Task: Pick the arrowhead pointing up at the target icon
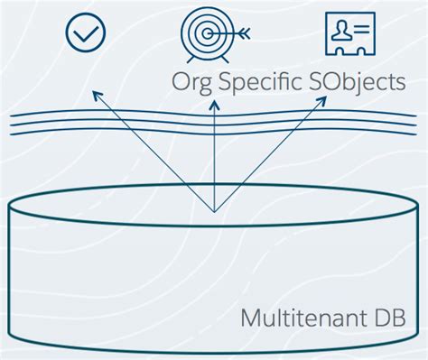[x=214, y=106]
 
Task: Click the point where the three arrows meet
[x=214, y=212]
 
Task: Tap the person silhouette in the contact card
[x=340, y=33]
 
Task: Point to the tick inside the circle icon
[x=87, y=33]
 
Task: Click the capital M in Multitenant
[x=252, y=318]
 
